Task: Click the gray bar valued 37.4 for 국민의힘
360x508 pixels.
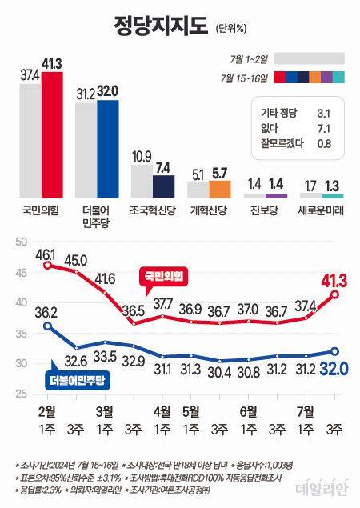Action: click(x=30, y=140)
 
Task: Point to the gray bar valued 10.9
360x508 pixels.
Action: click(x=141, y=181)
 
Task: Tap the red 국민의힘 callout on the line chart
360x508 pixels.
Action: click(x=165, y=276)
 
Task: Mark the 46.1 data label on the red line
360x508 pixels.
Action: click(x=47, y=254)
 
